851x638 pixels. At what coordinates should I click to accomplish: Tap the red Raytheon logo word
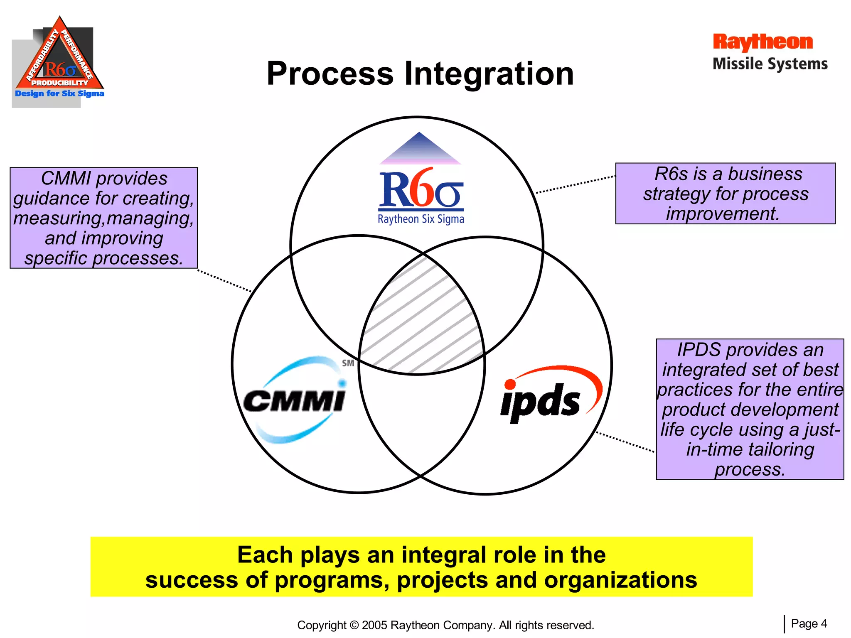click(762, 42)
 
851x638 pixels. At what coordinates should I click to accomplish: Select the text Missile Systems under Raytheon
click(770, 64)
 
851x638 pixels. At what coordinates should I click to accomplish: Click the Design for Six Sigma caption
click(59, 93)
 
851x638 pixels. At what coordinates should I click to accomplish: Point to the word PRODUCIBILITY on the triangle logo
click(60, 83)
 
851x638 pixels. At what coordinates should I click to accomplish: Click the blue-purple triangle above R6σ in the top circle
click(420, 150)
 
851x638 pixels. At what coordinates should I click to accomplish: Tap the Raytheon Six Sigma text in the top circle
click(421, 219)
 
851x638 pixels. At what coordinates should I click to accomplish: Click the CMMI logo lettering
click(294, 401)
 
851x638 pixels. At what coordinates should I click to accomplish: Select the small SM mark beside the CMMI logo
click(348, 363)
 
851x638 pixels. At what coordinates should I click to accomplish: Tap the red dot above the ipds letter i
click(510, 384)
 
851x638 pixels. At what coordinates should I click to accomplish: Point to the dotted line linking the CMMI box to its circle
click(224, 281)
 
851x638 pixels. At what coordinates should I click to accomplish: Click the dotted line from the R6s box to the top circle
click(576, 184)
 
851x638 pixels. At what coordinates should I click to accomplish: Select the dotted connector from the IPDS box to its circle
click(625, 442)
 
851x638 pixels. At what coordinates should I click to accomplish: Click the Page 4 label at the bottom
click(809, 623)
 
